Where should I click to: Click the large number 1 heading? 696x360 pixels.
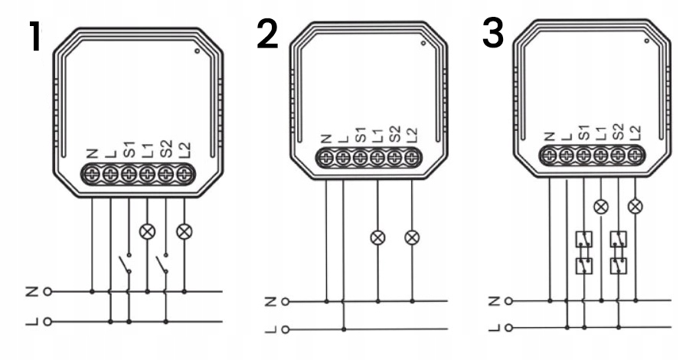(34, 37)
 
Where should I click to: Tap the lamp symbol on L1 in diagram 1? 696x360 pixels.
(147, 231)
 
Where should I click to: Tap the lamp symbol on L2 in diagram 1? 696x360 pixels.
(185, 231)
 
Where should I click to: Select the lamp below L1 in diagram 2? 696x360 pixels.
(377, 238)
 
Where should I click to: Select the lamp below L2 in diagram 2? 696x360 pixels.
(412, 238)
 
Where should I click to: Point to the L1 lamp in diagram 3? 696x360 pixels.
(601, 206)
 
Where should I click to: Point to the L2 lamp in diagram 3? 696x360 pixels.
(636, 206)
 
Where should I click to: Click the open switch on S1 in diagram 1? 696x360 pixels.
(125, 263)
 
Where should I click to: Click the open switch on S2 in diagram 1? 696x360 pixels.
(162, 263)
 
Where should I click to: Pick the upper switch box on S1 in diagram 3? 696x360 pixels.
(583, 239)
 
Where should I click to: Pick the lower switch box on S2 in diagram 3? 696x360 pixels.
(619, 266)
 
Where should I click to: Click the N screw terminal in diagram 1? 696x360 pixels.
(92, 175)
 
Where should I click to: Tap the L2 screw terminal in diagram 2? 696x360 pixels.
(412, 158)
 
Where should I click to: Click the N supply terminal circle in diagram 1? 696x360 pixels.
(47, 292)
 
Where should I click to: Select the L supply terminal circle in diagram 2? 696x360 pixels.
(286, 329)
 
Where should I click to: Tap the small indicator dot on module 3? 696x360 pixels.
(647, 41)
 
